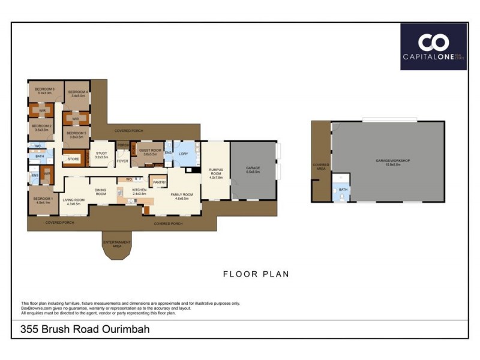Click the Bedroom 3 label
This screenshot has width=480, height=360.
pos(46,91)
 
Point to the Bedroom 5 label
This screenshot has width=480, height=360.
pos(76,135)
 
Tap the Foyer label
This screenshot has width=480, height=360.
pos(122,161)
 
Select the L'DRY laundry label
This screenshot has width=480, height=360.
pos(184,154)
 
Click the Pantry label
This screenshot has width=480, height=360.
pos(159,182)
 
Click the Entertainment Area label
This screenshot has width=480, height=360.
pos(117,244)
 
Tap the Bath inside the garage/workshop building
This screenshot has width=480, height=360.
pos(343,190)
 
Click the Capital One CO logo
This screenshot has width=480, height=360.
pos(433,43)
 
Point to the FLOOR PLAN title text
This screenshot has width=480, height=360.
pos(256,274)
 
